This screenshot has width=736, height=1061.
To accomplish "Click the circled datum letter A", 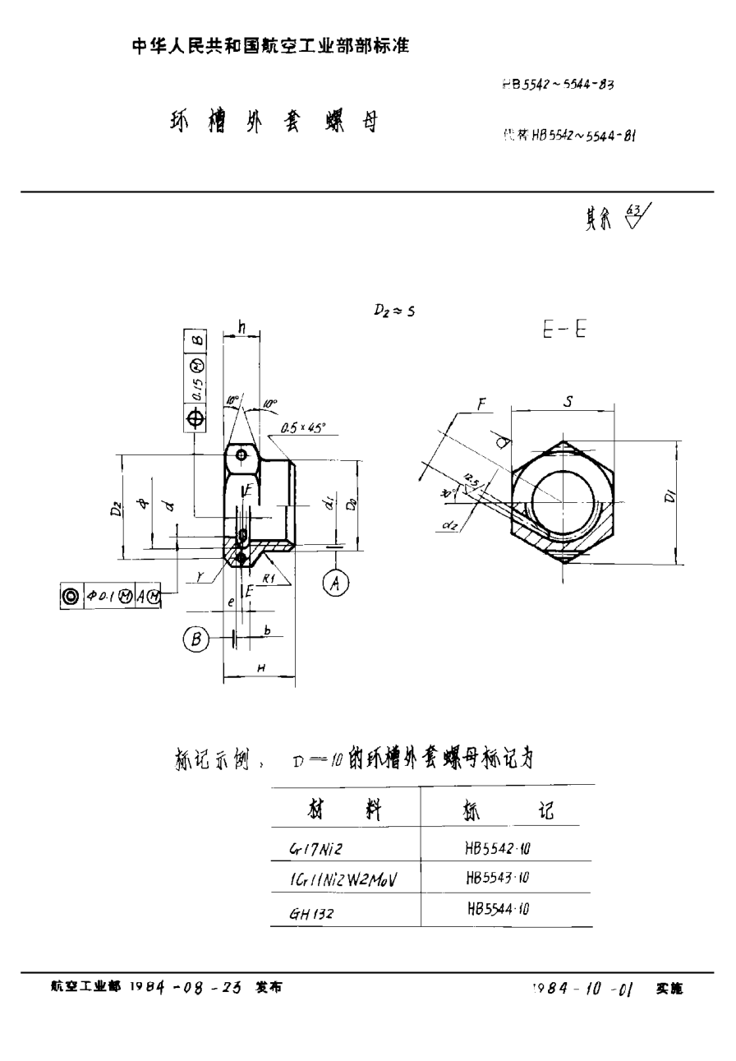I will [x=335, y=584].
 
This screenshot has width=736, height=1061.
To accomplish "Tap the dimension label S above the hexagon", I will [x=568, y=402].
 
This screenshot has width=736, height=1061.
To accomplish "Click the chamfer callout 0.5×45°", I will [x=302, y=427].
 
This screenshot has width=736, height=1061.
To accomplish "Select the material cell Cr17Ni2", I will [x=315, y=848].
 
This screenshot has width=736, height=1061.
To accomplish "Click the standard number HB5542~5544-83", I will [x=557, y=84].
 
